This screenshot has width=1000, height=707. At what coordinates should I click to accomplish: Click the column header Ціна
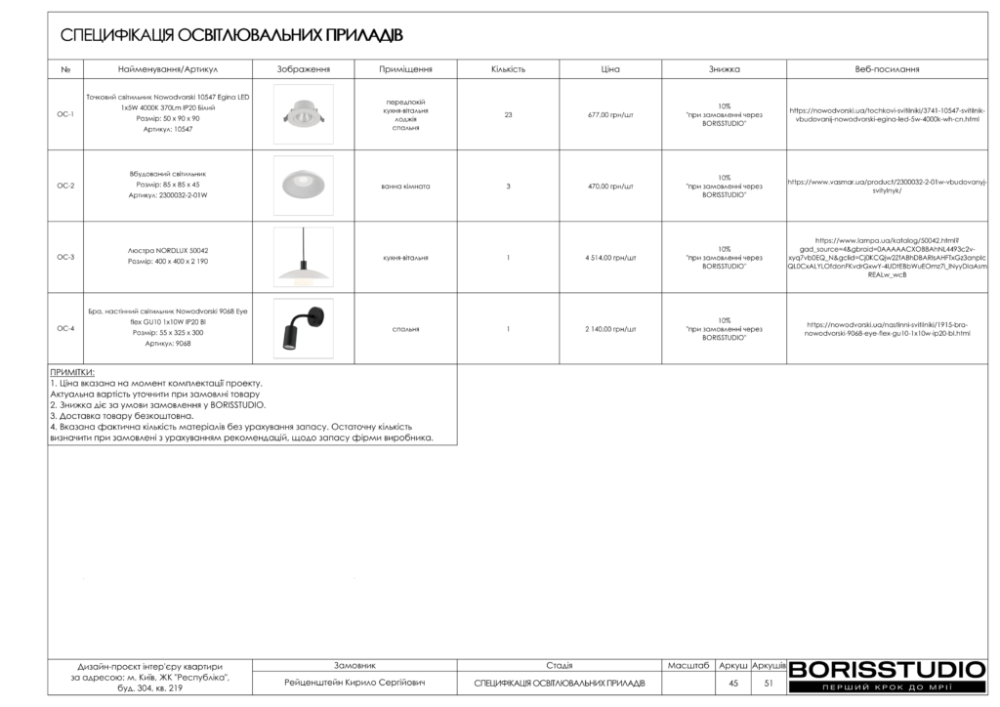(x=610, y=69)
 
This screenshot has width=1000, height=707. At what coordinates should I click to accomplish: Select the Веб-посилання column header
(x=887, y=69)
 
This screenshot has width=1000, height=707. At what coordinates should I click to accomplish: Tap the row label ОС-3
(x=65, y=258)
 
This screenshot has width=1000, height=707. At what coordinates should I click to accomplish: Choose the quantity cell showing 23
(x=508, y=114)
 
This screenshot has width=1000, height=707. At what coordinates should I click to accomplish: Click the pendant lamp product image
(x=303, y=257)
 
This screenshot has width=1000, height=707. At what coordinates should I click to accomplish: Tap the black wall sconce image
(x=303, y=328)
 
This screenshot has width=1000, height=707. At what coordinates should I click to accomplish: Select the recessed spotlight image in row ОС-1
(x=303, y=114)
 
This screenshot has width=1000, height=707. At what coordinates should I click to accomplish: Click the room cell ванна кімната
(x=405, y=186)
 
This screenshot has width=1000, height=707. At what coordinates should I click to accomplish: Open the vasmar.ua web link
(x=887, y=186)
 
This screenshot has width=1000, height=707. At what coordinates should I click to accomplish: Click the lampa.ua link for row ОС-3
(x=887, y=258)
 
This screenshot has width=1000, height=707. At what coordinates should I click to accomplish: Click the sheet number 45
(x=732, y=683)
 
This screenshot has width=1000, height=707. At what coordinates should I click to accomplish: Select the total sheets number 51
(x=769, y=683)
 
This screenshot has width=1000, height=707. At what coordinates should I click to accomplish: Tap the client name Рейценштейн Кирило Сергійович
(x=354, y=683)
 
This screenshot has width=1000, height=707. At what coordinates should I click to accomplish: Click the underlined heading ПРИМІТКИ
(x=71, y=373)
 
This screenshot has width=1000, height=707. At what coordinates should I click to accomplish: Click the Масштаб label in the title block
(x=688, y=665)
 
